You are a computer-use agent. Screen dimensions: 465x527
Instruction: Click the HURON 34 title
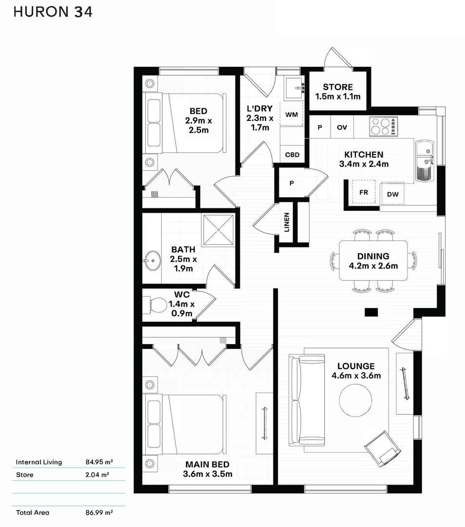coord(53,12)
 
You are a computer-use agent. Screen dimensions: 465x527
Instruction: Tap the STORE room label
coord(338,87)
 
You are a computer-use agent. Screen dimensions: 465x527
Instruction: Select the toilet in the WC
coord(155,305)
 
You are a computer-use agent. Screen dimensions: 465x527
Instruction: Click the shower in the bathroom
coord(218,230)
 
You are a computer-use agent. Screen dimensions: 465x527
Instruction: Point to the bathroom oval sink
coord(153,260)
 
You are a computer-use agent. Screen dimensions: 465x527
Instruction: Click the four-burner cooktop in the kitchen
coord(384,126)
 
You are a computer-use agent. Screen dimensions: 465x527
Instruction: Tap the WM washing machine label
coord(291,115)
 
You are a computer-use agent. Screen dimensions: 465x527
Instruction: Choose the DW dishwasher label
coord(392,194)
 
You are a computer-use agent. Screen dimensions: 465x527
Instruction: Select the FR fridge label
coord(364,192)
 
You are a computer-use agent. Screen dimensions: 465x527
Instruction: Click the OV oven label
coord(342,127)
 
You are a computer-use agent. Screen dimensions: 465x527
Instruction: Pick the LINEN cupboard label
coord(287,222)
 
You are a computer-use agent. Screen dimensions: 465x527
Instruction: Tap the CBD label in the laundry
coord(292,155)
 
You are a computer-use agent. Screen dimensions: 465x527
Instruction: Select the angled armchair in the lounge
coord(383,449)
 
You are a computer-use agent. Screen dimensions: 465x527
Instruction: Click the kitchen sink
coord(425,161)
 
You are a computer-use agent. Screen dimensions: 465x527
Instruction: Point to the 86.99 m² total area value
coord(99,512)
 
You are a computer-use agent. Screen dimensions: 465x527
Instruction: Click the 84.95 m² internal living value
coord(99,462)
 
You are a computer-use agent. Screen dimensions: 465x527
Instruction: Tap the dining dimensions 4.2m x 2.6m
coord(373,266)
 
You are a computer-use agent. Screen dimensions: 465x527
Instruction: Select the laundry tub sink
coord(294,88)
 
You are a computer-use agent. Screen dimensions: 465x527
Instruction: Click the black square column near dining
coord(371,312)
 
